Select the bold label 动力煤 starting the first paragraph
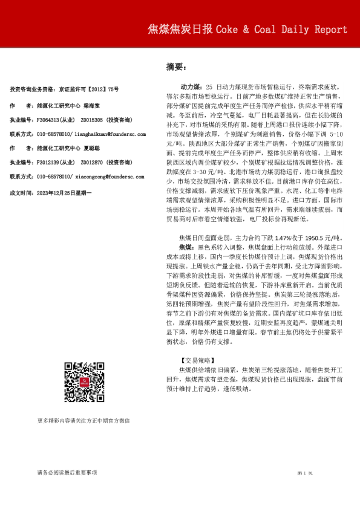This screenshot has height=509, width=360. click(192, 88)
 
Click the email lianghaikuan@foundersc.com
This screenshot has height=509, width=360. click(111, 135)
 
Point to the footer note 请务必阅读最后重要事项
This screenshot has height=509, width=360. click(67, 472)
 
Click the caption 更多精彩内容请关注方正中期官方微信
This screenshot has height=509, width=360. click(83, 420)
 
